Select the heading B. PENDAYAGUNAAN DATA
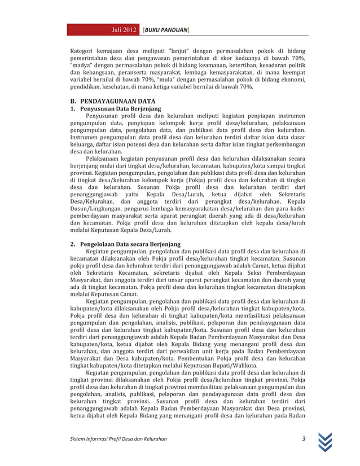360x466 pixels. pyautogui.click(x=108, y=102)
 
